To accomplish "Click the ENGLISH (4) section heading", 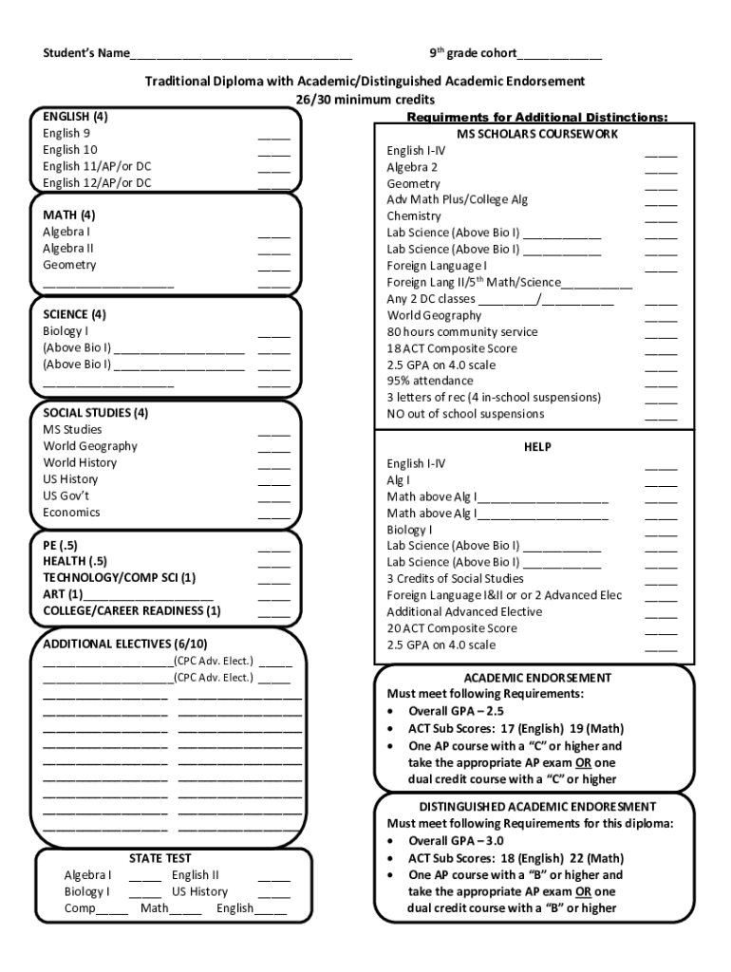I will pos(75,117).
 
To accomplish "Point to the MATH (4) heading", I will pos(68,215).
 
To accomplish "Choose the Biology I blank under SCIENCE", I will pos(273,333).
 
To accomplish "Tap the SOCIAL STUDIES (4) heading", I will pos(95,413).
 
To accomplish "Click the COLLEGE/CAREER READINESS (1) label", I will pos(132,610).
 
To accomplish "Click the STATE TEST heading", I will pos(159,858).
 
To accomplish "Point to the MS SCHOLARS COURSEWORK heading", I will pos(525,134).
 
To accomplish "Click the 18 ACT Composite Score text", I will pos(452,348).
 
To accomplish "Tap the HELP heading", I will pos(537,447).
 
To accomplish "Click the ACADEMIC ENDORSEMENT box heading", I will pos(537,678).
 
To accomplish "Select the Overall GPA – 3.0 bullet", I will pos(456,841).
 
